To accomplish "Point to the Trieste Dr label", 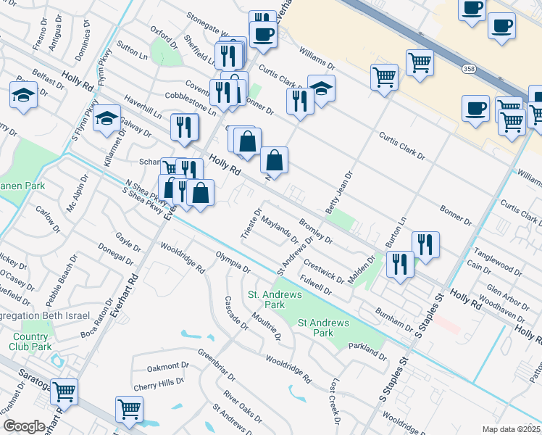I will pyautogui.click(x=248, y=223).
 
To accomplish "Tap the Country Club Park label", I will pyautogui.click(x=31, y=341).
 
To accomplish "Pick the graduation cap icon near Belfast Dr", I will pyautogui.click(x=24, y=94).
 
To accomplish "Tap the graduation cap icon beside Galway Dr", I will pyautogui.click(x=107, y=117).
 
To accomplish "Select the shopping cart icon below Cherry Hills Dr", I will pyautogui.click(x=129, y=408).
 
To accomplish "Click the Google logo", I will pyautogui.click(x=24, y=426).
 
